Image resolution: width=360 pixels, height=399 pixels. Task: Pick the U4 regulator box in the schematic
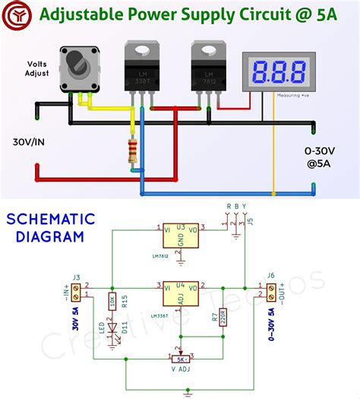pyautogui.click(x=182, y=293)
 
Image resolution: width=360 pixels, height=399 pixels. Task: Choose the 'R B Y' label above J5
pyautogui.click(x=236, y=206)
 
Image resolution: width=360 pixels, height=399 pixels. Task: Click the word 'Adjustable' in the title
pyautogui.click(x=76, y=14)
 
